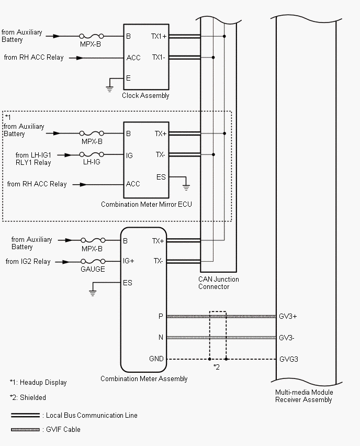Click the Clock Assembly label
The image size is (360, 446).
tap(145, 96)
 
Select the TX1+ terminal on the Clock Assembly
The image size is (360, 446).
tap(159, 37)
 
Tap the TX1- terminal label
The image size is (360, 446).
tap(159, 58)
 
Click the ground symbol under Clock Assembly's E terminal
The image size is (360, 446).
tap(109, 88)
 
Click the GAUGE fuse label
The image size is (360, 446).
tap(92, 269)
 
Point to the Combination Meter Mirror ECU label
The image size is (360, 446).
tap(146, 204)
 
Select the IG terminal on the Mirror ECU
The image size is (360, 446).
tap(129, 155)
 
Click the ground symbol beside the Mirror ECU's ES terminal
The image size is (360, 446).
tap(186, 186)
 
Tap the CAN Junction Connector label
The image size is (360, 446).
tap(218, 283)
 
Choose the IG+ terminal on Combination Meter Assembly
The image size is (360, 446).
tap(129, 261)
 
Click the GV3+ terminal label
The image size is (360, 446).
tap(287, 317)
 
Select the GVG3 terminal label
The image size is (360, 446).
tap(289, 360)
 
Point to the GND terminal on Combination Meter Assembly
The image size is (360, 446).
tap(156, 359)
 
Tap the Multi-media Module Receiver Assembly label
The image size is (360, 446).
tap(303, 396)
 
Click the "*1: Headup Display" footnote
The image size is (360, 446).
tap(38, 383)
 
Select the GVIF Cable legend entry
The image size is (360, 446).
tap(61, 430)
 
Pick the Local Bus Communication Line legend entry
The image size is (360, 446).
tap(91, 415)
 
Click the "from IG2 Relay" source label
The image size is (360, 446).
tap(28, 261)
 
